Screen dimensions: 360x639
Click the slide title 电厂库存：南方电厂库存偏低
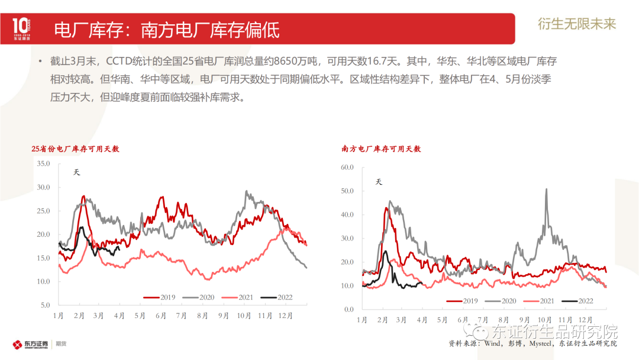166,30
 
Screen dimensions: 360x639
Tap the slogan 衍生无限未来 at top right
577,24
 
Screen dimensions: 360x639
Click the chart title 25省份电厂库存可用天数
76,149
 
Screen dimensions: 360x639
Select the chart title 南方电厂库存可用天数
381,149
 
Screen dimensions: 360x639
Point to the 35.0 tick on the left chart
43,163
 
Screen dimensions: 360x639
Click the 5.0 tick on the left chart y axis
45,306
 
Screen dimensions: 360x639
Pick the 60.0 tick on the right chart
347,168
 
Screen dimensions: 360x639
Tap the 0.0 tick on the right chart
348,310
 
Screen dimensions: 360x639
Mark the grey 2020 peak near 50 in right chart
546,190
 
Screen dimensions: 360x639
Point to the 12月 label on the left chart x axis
286,316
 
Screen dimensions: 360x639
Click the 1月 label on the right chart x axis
362,320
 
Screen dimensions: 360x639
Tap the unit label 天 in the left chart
76,172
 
